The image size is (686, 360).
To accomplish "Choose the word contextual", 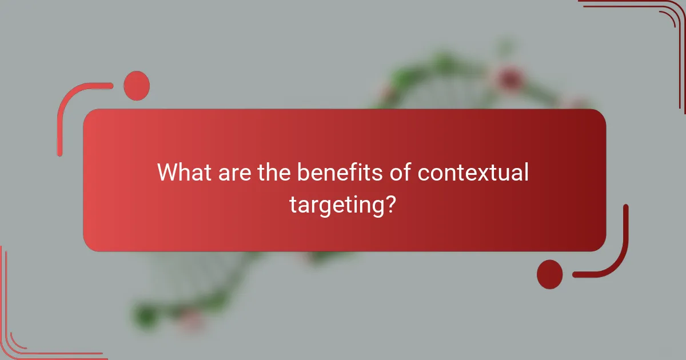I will click(473, 172).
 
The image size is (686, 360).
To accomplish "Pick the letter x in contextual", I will click(486, 173).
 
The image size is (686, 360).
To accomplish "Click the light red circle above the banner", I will click(137, 86).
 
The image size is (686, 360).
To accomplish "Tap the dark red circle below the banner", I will click(549, 274).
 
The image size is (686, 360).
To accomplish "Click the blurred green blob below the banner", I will click(146, 313).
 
